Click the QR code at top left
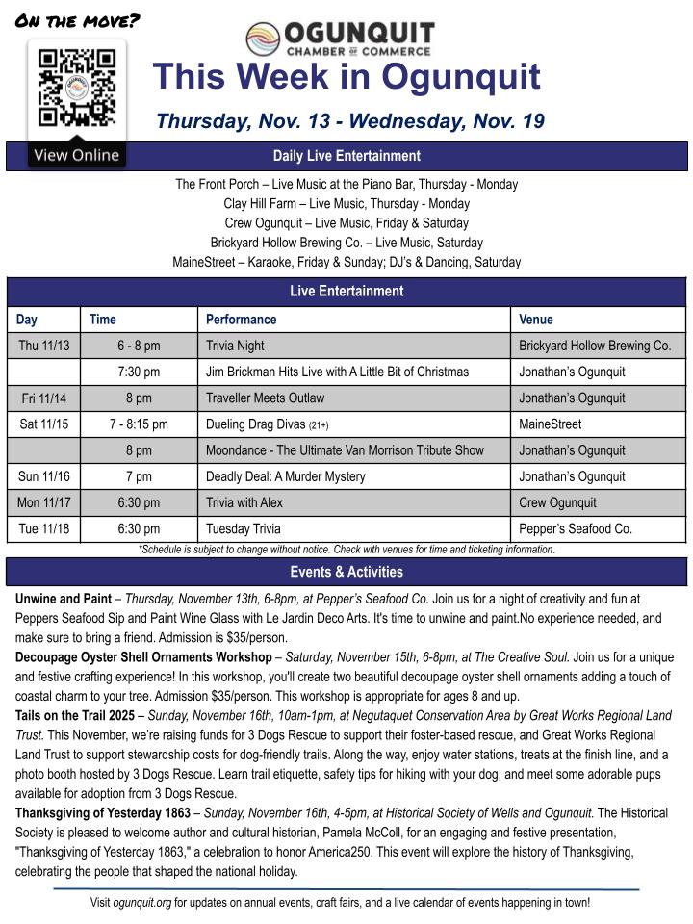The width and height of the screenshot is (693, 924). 76,88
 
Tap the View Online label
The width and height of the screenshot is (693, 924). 76,155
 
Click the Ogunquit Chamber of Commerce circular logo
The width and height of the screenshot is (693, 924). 263,39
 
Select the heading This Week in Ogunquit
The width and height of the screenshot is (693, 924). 346,77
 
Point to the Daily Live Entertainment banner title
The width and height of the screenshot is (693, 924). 346,156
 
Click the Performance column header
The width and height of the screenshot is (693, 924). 241,320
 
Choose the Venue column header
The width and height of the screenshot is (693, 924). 536,320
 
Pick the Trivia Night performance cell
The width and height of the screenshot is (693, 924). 235,346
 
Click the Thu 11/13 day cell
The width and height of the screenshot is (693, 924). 43,346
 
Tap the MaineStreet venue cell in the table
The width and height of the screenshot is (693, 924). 550,424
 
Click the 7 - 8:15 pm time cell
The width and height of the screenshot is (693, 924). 139,424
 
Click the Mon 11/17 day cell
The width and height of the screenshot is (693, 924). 43,502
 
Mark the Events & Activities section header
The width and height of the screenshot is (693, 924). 346,572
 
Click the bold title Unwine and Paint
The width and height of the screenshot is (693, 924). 64,598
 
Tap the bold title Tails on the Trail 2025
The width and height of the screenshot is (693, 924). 75,716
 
